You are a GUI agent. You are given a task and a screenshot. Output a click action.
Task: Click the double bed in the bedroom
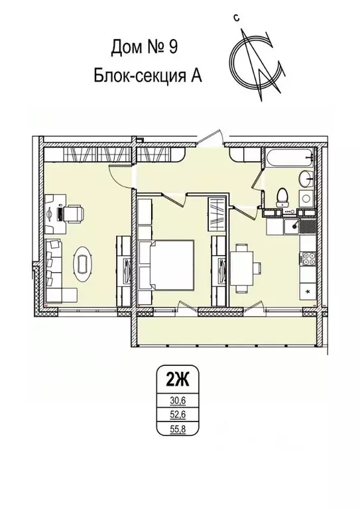point(172,264)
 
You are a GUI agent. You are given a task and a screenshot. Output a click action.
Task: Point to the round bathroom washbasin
point(306,177)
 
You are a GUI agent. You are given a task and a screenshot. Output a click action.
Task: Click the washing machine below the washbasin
point(307,198)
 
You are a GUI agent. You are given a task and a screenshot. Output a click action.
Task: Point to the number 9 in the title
point(172,47)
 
